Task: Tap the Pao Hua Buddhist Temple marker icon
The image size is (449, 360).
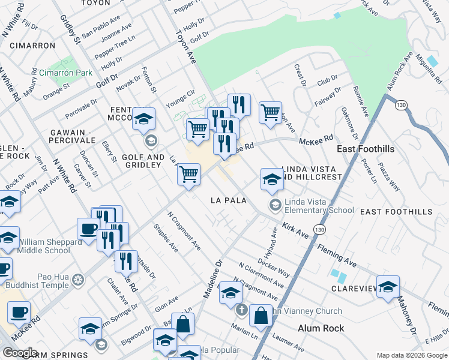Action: tap(77, 280)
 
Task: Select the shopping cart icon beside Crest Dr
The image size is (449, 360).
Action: tap(271, 112)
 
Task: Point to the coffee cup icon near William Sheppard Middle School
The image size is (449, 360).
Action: tap(89, 229)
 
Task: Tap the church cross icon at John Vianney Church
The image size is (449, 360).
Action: tap(241, 311)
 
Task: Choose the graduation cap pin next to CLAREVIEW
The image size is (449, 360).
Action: tap(388, 286)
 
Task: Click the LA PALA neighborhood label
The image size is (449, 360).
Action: tap(228, 200)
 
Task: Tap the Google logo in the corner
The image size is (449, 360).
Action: tap(20, 353)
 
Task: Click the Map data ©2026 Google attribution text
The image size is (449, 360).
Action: tap(411, 355)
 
